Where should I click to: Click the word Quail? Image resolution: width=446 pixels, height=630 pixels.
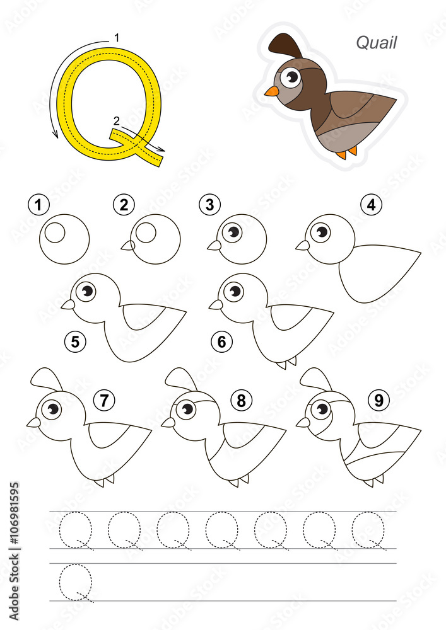point(376,42)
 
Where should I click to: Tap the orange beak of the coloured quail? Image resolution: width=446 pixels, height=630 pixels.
point(271,91)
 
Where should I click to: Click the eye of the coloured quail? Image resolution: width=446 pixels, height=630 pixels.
point(291,77)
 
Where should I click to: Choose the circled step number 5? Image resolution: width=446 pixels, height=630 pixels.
point(75,341)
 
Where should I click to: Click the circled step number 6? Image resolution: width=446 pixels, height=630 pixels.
point(222,341)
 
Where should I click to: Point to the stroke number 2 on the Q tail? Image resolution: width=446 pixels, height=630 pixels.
point(115,120)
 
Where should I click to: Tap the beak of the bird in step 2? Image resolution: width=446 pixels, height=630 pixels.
point(127,246)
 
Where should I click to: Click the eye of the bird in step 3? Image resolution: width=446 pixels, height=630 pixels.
point(233,232)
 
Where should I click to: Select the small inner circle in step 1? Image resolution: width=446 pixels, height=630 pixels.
point(56,232)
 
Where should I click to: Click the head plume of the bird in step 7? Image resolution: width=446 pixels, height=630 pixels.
point(46,379)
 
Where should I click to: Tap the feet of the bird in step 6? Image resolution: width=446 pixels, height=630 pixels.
point(288,363)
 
